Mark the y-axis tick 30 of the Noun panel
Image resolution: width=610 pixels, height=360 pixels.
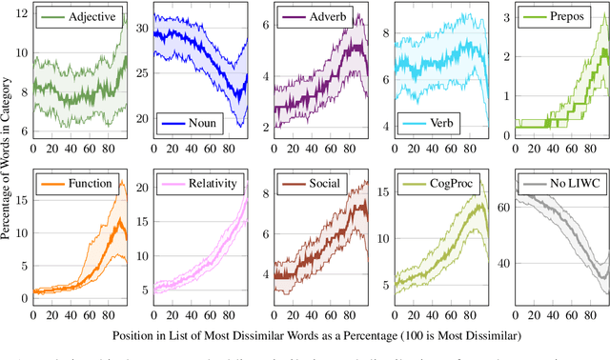tap(142, 30)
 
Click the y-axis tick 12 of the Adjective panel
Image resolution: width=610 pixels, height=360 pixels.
tap(22, 17)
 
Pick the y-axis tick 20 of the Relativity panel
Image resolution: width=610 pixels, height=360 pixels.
tap(142, 188)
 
